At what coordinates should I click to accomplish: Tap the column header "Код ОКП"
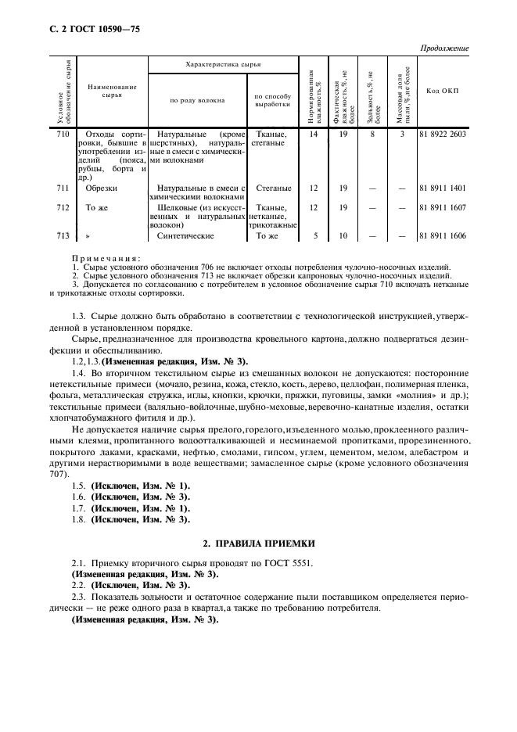pos(442,91)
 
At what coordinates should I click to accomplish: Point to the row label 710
pos(64,135)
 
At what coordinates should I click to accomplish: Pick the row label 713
pos(64,235)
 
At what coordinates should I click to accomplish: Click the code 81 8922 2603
pos(442,135)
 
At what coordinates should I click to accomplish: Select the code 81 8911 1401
pos(442,188)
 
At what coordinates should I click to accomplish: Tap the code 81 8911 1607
pos(442,208)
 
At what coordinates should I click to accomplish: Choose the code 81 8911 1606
pos(442,235)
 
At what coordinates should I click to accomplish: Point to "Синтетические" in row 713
pos(185,235)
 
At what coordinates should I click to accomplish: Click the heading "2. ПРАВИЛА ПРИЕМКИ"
pos(258,543)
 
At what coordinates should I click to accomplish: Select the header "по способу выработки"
pos(273,99)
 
